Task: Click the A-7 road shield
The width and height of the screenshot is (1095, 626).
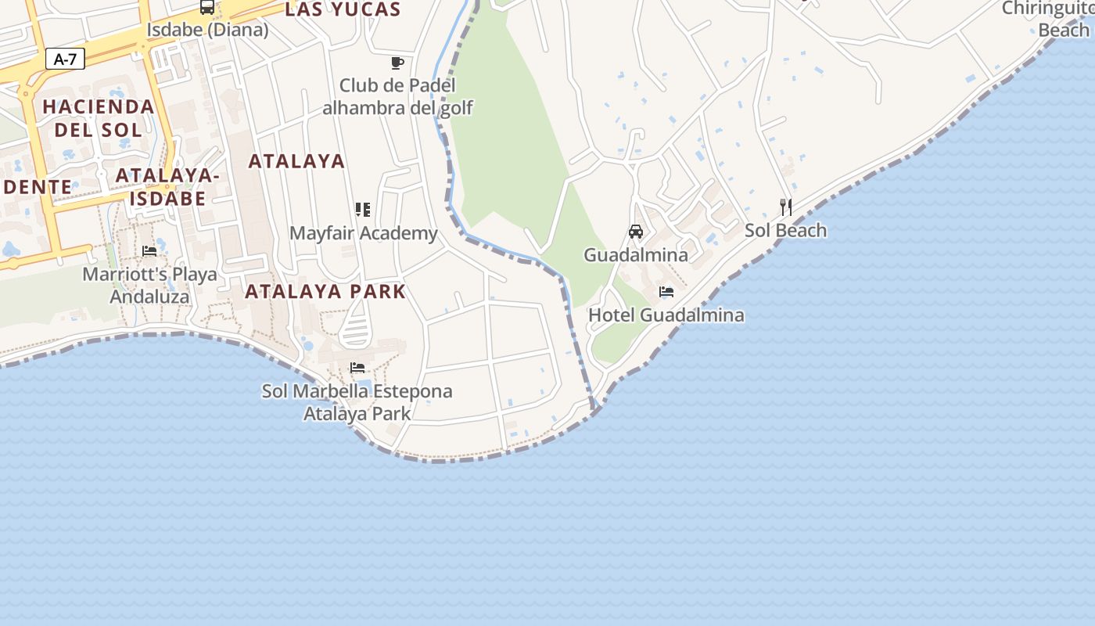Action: pos(65,59)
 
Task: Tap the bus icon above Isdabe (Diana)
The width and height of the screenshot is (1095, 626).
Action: pos(207,7)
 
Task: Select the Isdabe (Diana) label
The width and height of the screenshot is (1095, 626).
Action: pos(207,30)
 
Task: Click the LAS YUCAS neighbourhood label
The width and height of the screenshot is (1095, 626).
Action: pos(343,9)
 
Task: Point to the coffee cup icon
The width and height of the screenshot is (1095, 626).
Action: pos(397,63)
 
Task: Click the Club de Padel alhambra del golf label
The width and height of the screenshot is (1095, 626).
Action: pos(397,96)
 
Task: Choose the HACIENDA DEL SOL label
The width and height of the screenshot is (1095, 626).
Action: pos(99,117)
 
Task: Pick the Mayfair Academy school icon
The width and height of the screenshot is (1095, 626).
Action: pos(362,210)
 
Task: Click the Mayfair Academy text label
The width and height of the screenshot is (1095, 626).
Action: pos(364,233)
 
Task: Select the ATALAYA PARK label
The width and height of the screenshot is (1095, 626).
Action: pos(325,292)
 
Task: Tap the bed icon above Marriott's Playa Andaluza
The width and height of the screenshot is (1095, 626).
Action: pos(149,251)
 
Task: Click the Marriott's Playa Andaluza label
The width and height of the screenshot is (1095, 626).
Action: pos(149,286)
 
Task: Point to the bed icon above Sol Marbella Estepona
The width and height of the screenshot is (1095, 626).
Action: pos(357,367)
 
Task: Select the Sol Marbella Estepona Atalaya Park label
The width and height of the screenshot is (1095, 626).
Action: pos(357,401)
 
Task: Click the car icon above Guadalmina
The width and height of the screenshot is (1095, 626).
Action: pos(636,232)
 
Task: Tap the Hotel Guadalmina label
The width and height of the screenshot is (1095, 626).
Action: pos(666,315)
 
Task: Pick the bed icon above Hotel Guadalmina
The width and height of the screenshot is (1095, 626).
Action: pos(666,292)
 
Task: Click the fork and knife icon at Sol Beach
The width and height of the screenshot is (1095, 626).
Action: pos(786,207)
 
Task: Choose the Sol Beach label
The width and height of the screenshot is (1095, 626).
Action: pos(786,231)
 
